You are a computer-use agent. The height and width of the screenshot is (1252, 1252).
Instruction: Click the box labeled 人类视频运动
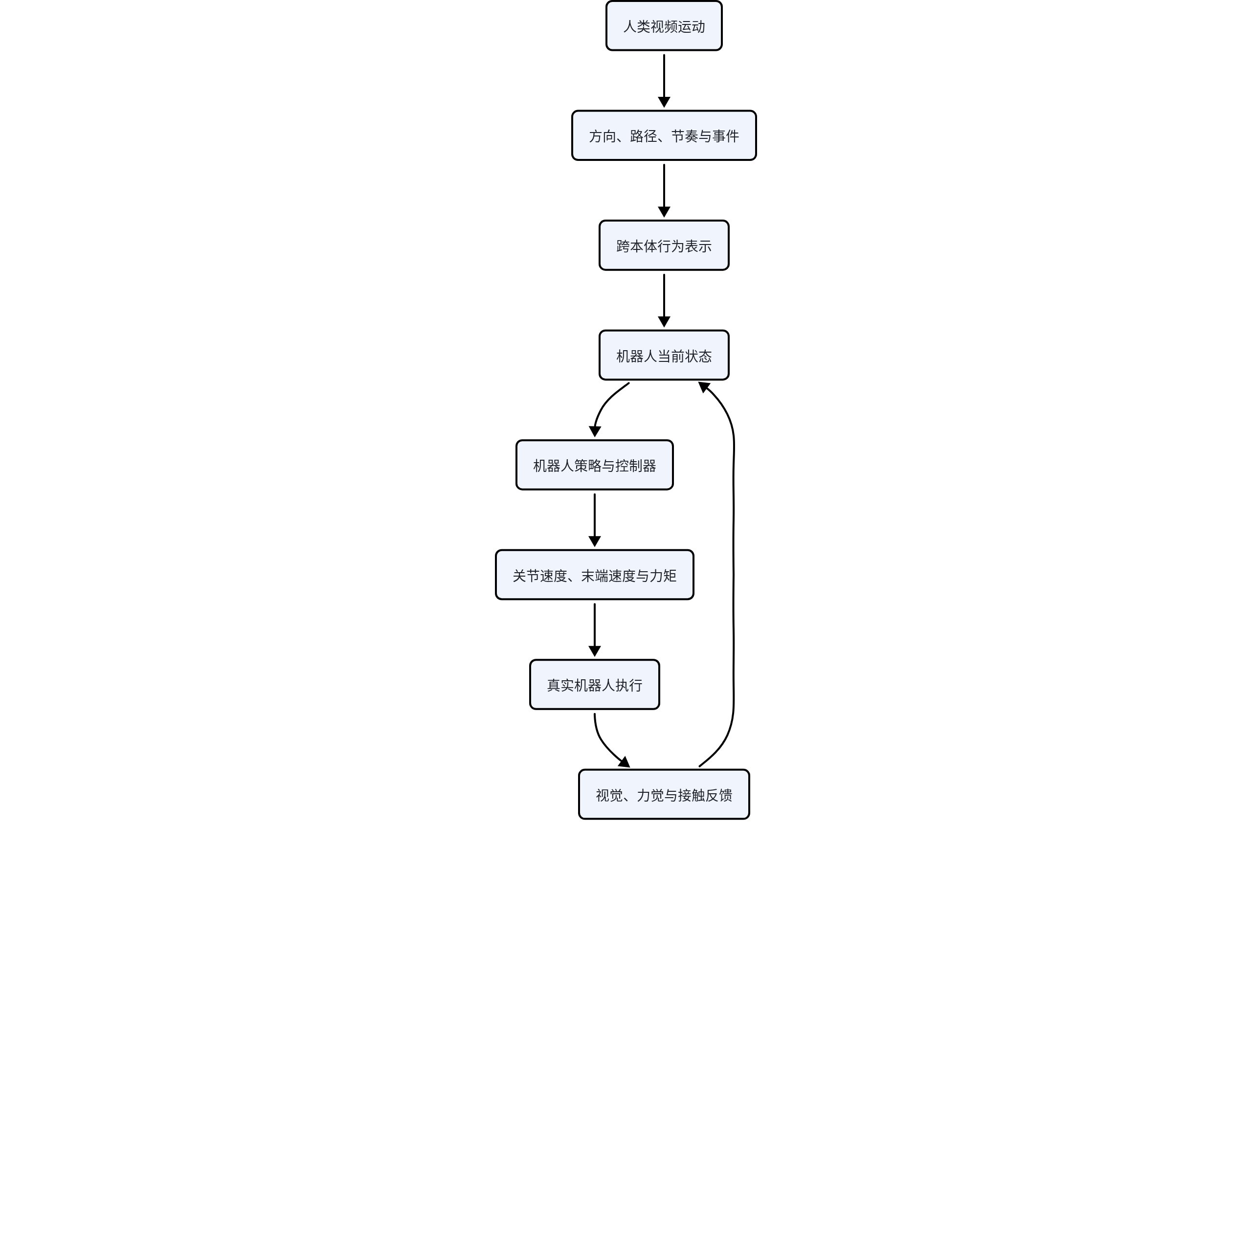[664, 26]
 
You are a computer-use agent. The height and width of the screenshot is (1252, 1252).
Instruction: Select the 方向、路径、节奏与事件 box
[664, 135]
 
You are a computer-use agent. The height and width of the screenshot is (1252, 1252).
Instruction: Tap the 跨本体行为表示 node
[664, 246]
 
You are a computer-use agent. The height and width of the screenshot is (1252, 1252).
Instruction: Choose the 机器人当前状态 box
[664, 355]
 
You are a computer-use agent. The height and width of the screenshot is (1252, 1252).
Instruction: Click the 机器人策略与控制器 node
[594, 465]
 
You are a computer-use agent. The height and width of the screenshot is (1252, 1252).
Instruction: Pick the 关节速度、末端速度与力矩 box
[594, 575]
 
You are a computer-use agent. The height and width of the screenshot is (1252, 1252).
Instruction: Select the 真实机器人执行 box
[594, 685]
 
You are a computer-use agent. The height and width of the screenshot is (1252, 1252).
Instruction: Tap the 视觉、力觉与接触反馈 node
[664, 795]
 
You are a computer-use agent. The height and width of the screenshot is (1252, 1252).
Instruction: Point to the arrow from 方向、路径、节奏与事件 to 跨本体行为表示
[664, 191]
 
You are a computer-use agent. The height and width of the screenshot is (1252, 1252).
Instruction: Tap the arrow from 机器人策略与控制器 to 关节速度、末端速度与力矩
[594, 520]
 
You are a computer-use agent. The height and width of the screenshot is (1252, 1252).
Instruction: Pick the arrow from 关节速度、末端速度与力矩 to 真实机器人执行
[594, 630]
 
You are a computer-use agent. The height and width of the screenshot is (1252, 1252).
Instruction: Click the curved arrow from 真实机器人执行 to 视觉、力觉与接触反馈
[604, 745]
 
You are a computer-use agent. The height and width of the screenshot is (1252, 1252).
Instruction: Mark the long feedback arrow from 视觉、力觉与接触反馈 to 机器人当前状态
[734, 575]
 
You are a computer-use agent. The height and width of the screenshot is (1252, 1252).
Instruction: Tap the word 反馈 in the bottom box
[718, 795]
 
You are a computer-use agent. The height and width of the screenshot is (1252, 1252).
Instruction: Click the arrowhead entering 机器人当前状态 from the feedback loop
[703, 387]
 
